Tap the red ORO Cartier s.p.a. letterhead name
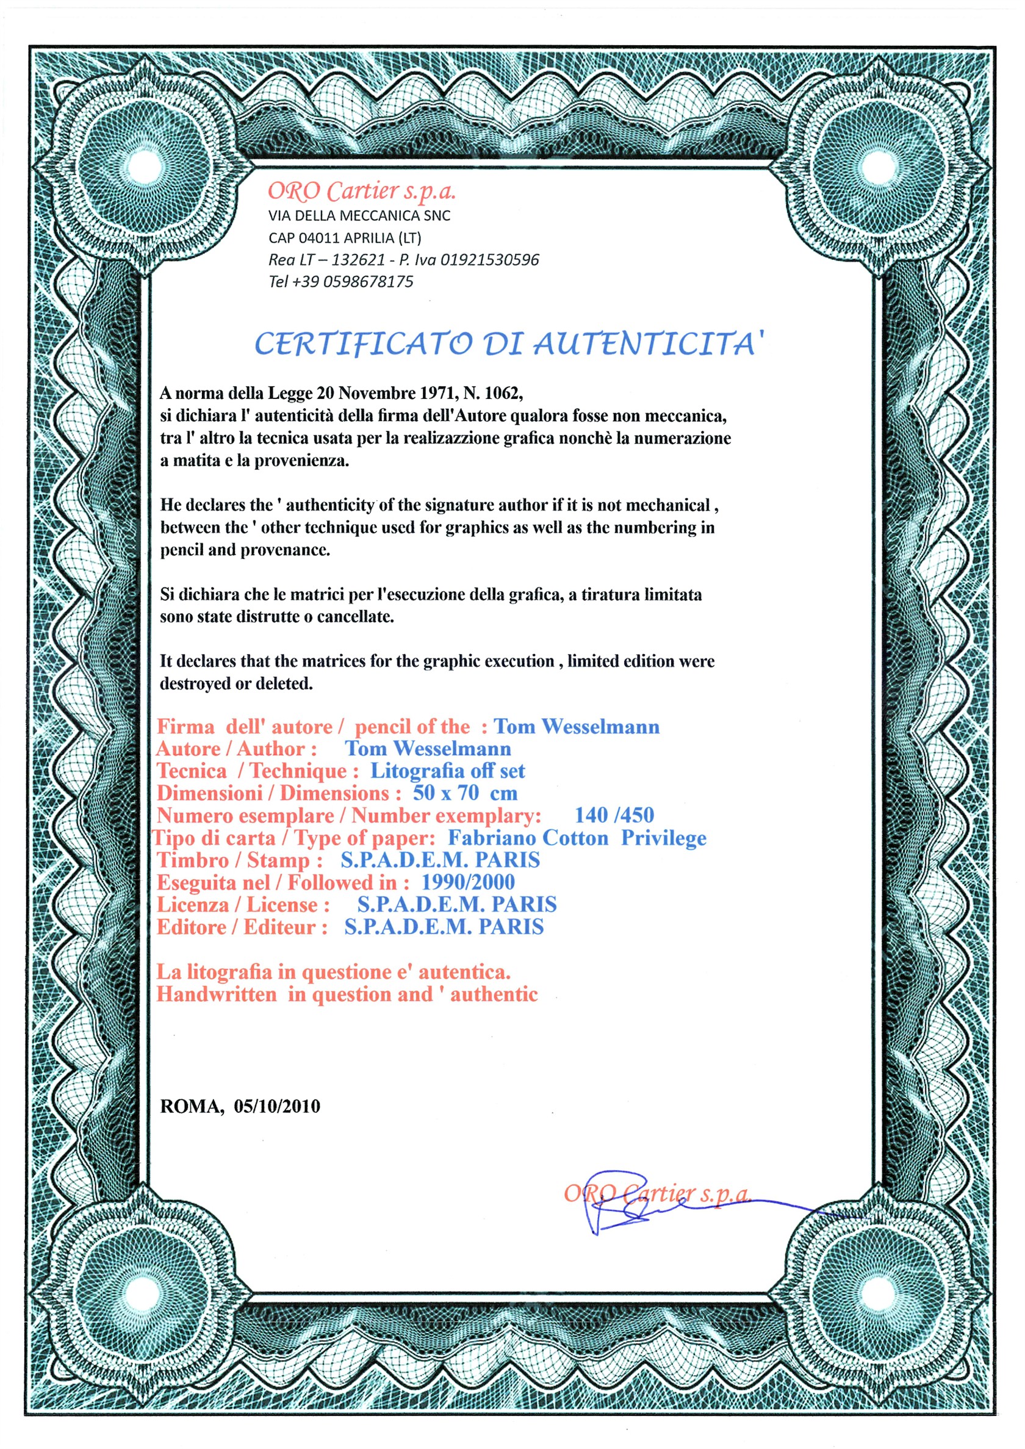pyautogui.click(x=361, y=190)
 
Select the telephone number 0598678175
pyautogui.click(x=368, y=281)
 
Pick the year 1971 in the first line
pyautogui.click(x=438, y=393)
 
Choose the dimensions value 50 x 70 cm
pyautogui.click(x=465, y=793)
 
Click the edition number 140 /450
pyautogui.click(x=614, y=815)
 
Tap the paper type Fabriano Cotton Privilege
pyautogui.click(x=577, y=838)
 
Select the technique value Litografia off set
pyautogui.click(x=447, y=771)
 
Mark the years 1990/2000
pyautogui.click(x=468, y=882)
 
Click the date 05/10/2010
pyautogui.click(x=277, y=1106)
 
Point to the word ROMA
pyautogui.click(x=190, y=1106)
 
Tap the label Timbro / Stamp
pyautogui.click(x=239, y=860)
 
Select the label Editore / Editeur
pyautogui.click(x=242, y=927)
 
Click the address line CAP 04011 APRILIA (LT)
pyautogui.click(x=345, y=238)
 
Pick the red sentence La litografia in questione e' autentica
pyautogui.click(x=333, y=972)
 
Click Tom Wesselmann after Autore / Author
pyautogui.click(x=427, y=749)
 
